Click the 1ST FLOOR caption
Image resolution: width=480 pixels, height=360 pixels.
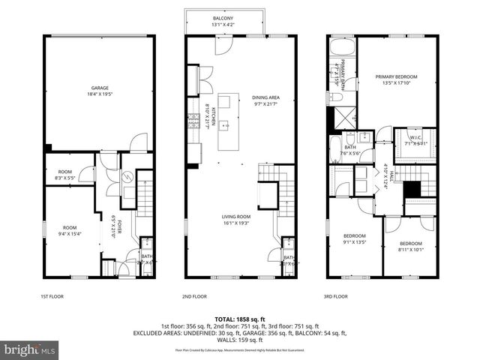[50, 296]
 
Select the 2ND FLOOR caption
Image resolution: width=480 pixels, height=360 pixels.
[194, 296]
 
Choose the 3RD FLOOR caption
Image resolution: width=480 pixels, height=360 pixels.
[335, 296]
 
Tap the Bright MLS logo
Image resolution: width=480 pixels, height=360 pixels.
[30, 349]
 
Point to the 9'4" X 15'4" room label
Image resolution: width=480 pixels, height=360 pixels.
[70, 230]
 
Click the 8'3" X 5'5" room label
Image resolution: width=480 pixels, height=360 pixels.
[65, 175]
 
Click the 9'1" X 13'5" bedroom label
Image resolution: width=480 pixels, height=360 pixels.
[355, 238]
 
